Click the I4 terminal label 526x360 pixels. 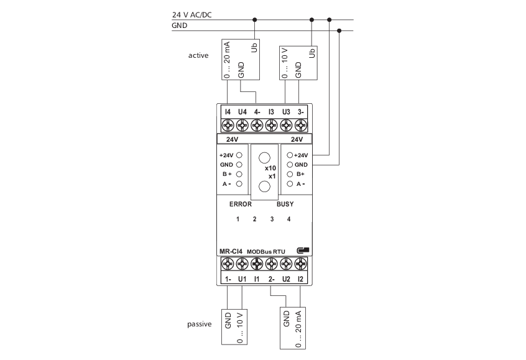tap(228, 112)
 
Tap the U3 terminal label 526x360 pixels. tap(286, 112)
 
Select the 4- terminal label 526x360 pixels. tap(257, 112)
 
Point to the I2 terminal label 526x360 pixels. tap(300, 279)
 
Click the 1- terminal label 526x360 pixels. tap(228, 279)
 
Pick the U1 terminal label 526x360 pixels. tap(242, 279)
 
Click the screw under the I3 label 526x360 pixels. tap(271, 126)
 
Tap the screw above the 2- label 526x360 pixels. tap(271, 264)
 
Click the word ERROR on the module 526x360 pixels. tap(240, 204)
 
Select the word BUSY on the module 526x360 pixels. tap(285, 204)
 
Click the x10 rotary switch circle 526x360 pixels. tap(264, 158)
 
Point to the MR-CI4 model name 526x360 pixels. tap(231, 251)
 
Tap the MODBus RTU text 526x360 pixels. tap(265, 252)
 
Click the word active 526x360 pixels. tap(198, 55)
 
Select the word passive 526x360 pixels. tap(199, 324)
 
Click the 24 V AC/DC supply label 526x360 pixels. tap(192, 15)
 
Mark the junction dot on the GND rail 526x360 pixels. tap(339, 30)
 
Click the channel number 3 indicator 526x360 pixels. tap(272, 219)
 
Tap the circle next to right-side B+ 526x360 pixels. tap(290, 174)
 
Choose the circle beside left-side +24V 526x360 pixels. tap(239, 155)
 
